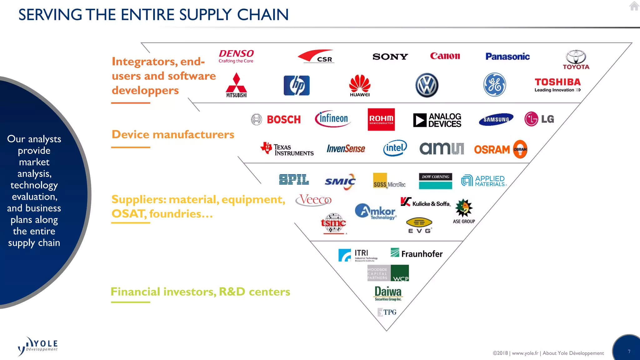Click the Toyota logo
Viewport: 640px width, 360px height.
click(576, 59)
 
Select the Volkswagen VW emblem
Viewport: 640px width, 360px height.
click(427, 85)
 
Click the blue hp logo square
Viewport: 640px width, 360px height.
click(297, 85)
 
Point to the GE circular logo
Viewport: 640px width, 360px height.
click(494, 85)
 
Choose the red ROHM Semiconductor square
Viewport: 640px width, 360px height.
click(381, 119)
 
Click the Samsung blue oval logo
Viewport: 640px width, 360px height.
click(496, 119)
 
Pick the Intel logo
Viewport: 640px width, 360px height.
click(395, 148)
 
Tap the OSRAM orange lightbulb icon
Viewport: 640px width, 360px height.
click(520, 149)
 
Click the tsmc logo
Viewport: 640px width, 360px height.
click(333, 223)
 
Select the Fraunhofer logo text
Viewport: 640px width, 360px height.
click(422, 254)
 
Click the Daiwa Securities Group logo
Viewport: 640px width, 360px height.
click(388, 293)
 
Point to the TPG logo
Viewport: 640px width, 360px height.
click(387, 312)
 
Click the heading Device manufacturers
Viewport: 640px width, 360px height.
click(173, 134)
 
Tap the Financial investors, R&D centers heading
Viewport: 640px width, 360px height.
click(200, 292)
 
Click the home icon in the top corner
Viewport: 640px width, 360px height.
click(634, 6)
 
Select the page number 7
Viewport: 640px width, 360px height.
click(629, 352)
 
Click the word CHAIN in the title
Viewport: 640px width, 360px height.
click(262, 15)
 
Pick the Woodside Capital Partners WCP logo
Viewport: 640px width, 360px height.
click(388, 273)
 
